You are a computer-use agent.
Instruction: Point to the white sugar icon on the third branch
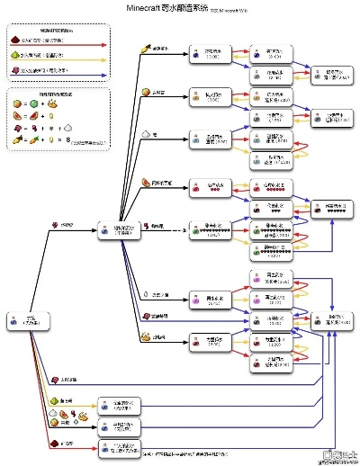click(145, 134)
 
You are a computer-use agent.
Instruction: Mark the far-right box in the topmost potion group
click(325, 76)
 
